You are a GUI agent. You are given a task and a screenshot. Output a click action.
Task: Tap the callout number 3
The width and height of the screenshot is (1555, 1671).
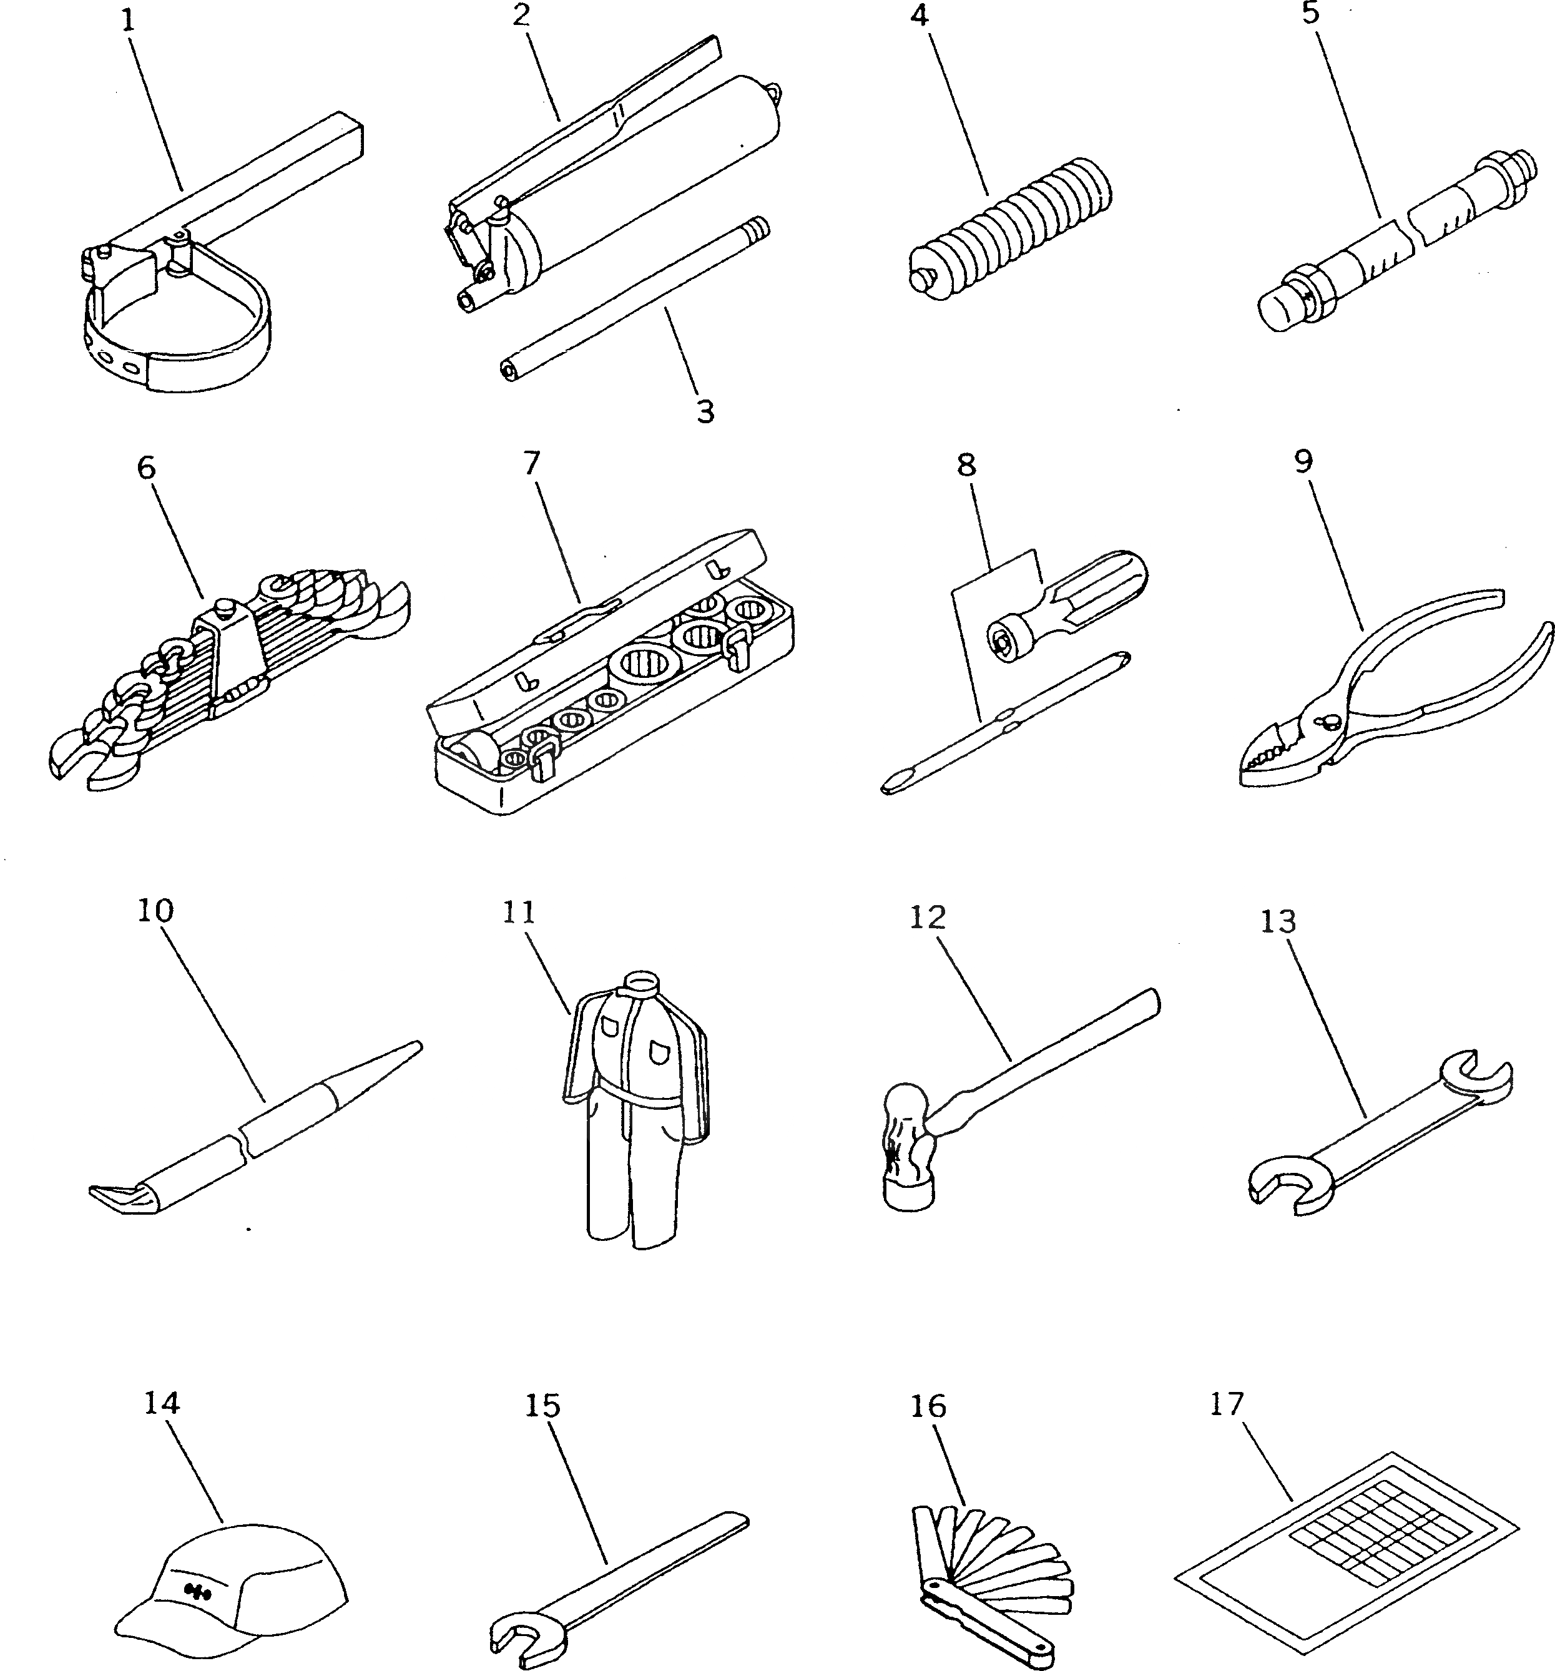pos(704,411)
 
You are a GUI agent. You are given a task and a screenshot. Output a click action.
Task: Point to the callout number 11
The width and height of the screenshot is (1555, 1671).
pos(519,912)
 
